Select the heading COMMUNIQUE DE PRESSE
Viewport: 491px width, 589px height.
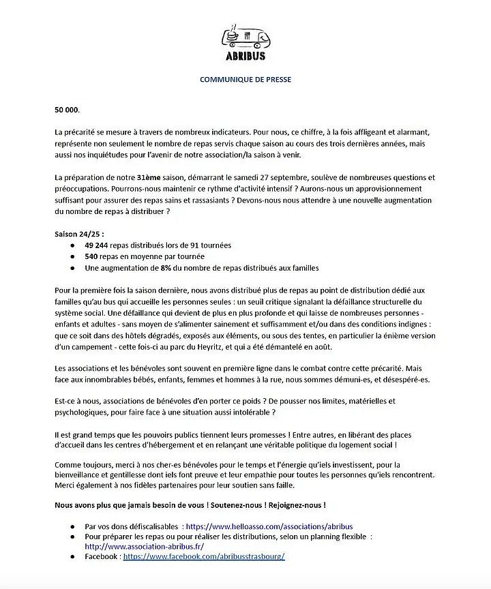tap(245, 79)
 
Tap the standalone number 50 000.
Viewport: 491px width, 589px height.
tap(68, 110)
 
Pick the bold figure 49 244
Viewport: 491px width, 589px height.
tap(98, 245)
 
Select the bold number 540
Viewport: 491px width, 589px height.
tap(92, 256)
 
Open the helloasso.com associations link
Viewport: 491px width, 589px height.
tap(269, 527)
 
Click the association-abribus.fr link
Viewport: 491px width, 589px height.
tap(144, 547)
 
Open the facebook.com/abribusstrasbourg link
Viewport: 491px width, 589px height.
tap(204, 557)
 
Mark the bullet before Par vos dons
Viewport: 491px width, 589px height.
tap(73, 527)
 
